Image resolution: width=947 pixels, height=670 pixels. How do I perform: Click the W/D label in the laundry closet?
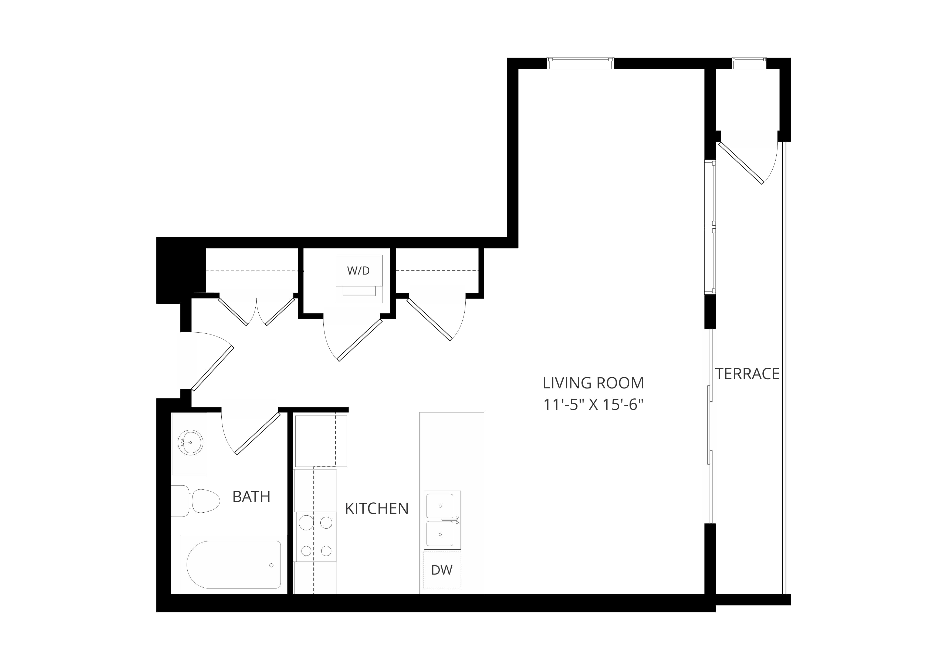(358, 271)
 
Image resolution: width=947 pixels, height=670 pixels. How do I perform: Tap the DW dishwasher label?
(442, 570)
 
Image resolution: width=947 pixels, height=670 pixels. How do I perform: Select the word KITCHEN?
(377, 509)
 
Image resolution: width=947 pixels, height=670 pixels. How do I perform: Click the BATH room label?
(251, 497)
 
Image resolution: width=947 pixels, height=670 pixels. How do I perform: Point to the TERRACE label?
(748, 374)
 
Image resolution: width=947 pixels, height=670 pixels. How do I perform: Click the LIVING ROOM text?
(593, 383)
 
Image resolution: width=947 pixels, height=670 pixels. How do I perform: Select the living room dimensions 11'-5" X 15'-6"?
(593, 405)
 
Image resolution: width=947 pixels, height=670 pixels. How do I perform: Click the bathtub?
(234, 565)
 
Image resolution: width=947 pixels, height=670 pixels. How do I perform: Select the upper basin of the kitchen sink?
(440, 506)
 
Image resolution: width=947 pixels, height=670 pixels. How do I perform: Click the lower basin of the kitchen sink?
(440, 534)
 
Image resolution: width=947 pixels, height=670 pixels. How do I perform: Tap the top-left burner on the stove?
(306, 523)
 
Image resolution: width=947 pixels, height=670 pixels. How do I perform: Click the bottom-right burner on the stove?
(326, 551)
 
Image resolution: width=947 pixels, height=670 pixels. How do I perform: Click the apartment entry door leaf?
(213, 368)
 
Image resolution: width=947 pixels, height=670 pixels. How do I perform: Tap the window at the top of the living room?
(580, 63)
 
